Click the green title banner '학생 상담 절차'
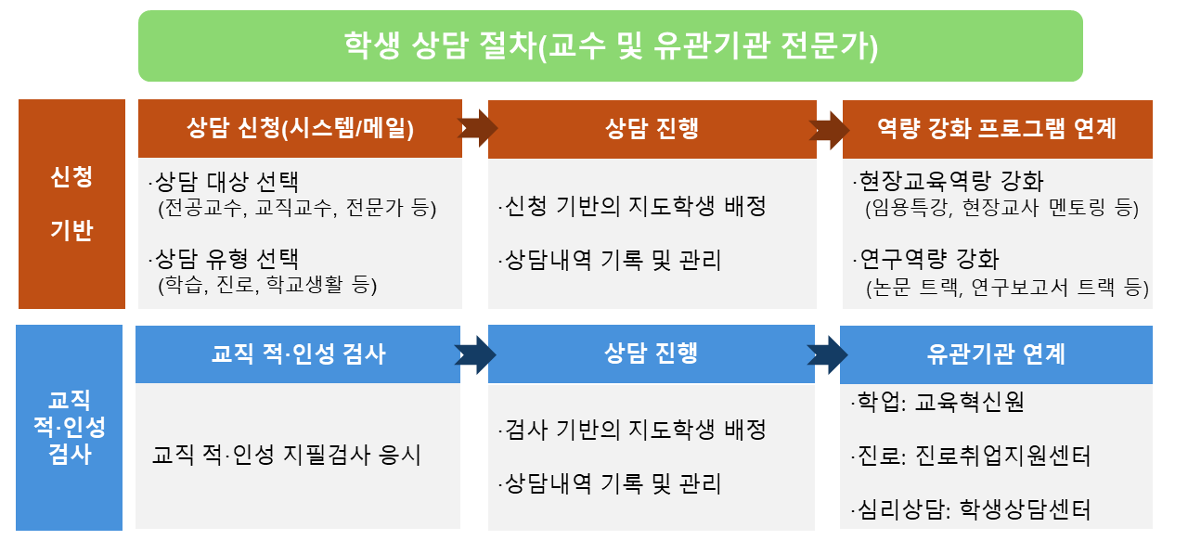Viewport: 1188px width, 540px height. coord(611,45)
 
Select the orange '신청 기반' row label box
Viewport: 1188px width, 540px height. coord(71,204)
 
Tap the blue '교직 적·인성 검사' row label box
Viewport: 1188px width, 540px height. coord(69,428)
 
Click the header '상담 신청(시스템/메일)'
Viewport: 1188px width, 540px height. coord(300,128)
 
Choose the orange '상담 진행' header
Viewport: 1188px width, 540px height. coord(652,129)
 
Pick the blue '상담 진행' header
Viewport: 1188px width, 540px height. coord(652,354)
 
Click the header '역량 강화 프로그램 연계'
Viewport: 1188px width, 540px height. coord(998,129)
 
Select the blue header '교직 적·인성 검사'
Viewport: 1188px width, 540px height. coord(298,354)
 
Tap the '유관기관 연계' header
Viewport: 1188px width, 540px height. coord(996,354)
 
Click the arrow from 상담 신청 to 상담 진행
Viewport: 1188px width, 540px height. coord(478,128)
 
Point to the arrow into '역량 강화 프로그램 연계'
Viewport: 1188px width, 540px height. coord(829,130)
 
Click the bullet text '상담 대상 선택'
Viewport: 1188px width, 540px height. coord(224,182)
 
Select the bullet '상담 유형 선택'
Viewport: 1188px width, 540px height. coord(224,260)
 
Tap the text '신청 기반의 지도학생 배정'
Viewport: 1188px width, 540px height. coord(632,206)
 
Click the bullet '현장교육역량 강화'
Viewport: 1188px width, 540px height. coord(949,182)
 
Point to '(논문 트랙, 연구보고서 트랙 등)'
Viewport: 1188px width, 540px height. coord(1007,288)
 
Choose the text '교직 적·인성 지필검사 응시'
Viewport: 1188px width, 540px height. coord(287,455)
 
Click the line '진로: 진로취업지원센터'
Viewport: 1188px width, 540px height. coord(971,456)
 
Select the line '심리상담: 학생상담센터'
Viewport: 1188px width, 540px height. coord(971,509)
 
